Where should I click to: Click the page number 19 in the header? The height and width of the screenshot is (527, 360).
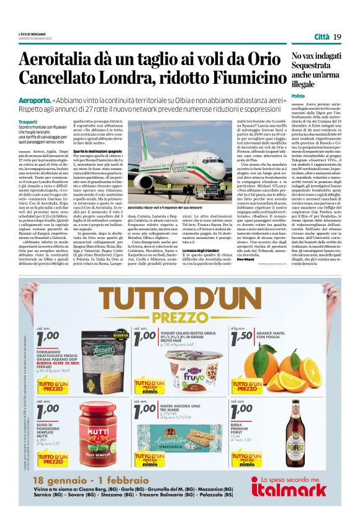point(337,37)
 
